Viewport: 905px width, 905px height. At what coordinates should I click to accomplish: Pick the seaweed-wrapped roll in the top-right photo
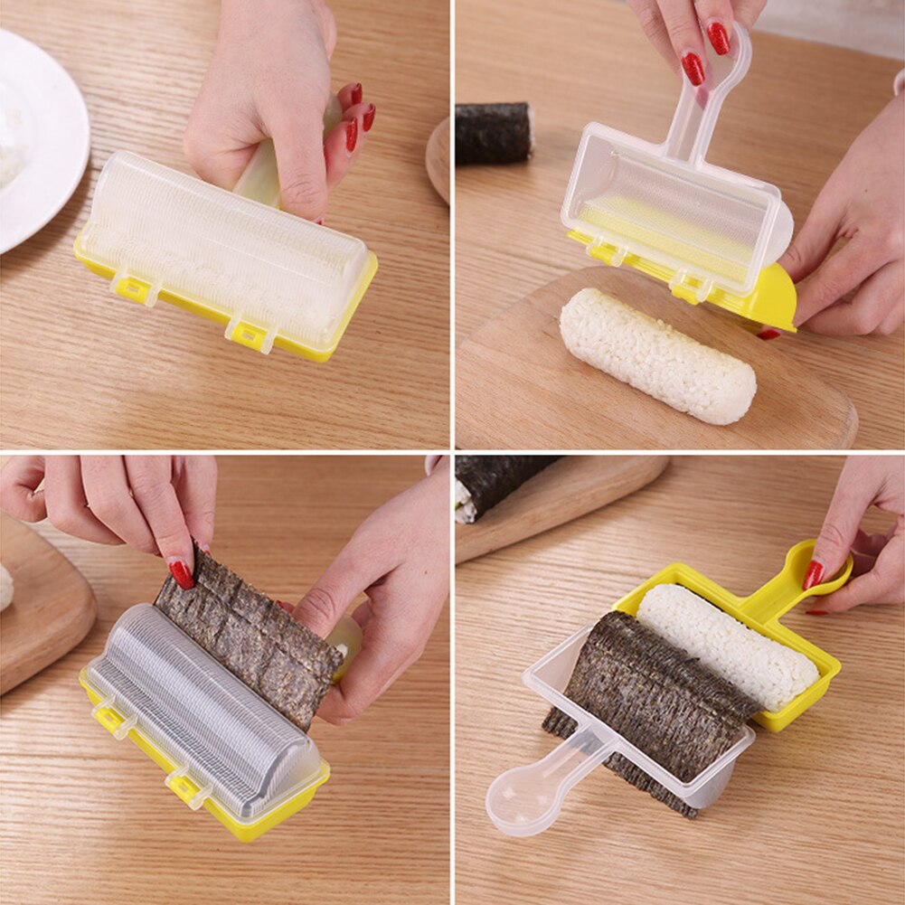(493, 133)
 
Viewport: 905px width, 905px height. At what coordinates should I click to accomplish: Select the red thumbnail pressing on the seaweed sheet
(181, 573)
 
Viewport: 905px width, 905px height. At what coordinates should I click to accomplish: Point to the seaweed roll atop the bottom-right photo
(497, 484)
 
